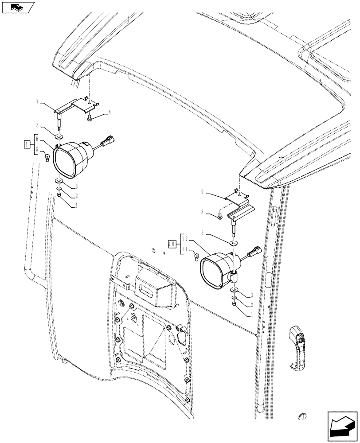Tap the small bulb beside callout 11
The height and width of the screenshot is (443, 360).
(x=196, y=256)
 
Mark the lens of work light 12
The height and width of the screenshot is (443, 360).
(x=215, y=272)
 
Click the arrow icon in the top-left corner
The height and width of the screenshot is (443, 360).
(x=17, y=8)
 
